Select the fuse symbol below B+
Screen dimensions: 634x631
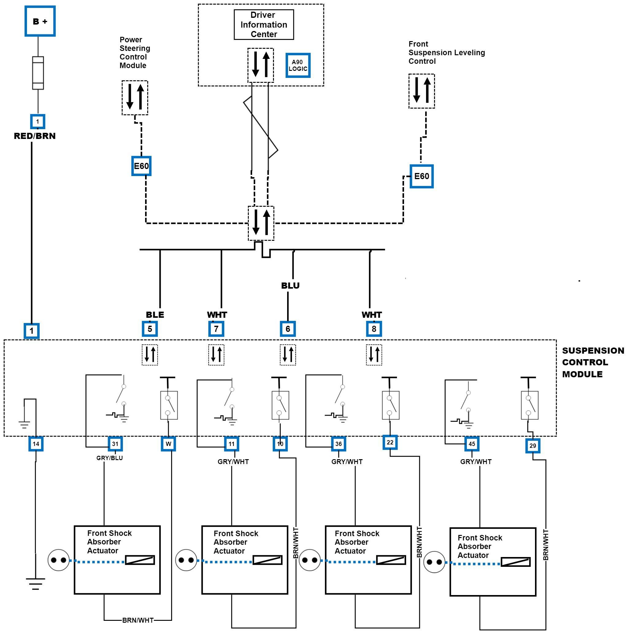(38, 73)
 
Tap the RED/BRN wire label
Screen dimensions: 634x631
(34, 136)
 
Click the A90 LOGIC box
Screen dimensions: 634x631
(298, 65)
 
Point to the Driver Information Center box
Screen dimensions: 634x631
(264, 25)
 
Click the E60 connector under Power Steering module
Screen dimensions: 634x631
(141, 166)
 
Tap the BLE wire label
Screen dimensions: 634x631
(155, 315)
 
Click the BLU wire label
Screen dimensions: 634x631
(290, 286)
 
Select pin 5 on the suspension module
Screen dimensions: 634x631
(150, 329)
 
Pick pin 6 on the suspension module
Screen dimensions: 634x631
(288, 329)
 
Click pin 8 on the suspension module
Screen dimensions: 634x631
(374, 329)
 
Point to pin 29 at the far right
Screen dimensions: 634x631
(533, 446)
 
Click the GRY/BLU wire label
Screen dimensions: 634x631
(110, 458)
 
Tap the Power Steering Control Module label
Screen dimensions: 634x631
(135, 52)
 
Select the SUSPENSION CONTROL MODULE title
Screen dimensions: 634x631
(593, 362)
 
